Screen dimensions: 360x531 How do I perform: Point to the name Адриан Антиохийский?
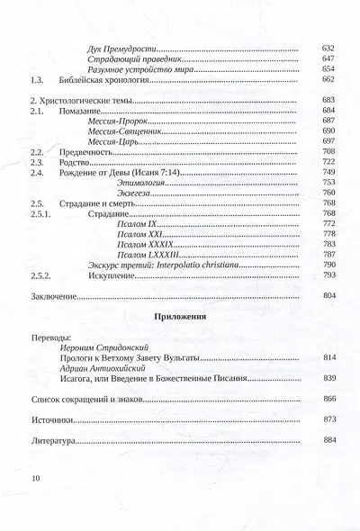tap(105, 369)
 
